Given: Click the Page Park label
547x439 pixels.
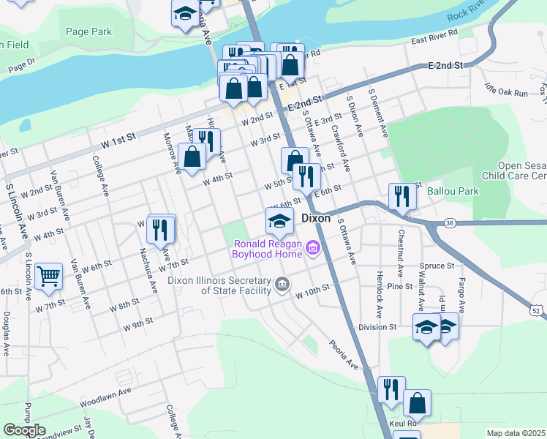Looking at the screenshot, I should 88,31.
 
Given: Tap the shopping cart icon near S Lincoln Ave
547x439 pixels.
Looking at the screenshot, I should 48,277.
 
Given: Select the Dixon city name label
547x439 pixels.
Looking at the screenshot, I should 316,218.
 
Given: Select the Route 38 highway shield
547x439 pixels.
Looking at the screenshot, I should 449,222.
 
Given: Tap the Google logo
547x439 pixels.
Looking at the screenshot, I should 24,430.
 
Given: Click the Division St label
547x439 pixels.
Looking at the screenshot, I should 377,327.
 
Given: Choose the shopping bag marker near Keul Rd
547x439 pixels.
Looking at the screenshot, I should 417,402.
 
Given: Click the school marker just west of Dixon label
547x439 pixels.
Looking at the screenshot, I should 279,220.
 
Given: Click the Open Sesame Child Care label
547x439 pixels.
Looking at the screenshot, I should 521,171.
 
